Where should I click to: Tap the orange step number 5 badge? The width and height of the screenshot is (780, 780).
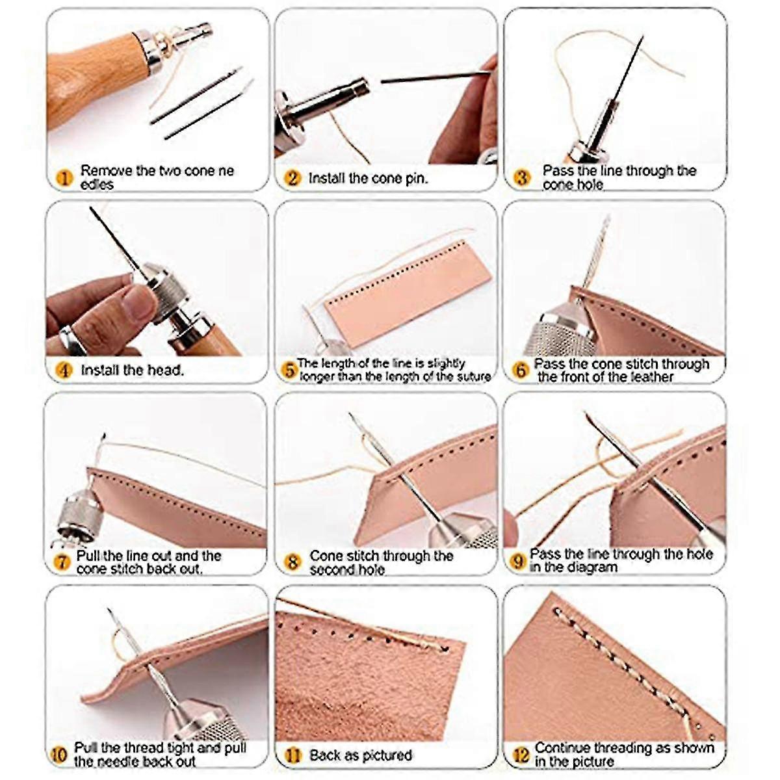point(289,370)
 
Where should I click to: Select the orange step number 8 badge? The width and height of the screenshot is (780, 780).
point(292,562)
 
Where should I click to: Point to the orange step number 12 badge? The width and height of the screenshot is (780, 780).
point(521,755)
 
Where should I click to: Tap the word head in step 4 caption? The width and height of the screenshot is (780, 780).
point(166,370)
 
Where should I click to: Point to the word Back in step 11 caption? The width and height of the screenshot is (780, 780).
point(324,755)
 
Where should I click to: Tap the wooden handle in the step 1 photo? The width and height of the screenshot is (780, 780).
point(91,78)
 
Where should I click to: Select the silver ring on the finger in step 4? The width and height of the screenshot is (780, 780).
point(71,339)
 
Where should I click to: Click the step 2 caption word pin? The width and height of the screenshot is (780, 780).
point(416,177)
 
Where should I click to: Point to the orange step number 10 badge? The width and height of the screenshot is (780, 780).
point(58,755)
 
